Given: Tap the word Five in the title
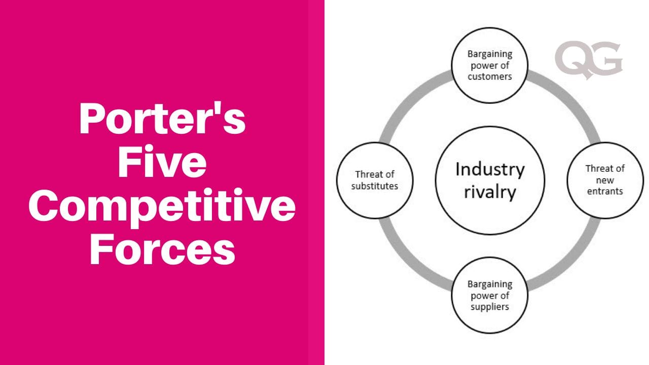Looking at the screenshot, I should pyautogui.click(x=162, y=163).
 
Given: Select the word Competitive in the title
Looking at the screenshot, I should pyautogui.click(x=162, y=208).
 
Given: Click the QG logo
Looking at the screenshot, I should pyautogui.click(x=588, y=61).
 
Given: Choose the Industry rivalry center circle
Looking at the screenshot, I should pyautogui.click(x=490, y=180).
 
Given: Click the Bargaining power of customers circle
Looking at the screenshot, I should pyautogui.click(x=490, y=65).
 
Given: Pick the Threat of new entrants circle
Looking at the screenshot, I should pyautogui.click(x=605, y=180).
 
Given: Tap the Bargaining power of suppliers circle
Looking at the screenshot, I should pyautogui.click(x=490, y=296).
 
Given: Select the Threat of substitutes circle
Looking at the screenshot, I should pyautogui.click(x=375, y=180).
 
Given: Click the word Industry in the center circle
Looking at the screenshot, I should pyautogui.click(x=490, y=169).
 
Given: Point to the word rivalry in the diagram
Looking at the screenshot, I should pyautogui.click(x=490, y=193).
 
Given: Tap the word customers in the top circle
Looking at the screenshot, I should pyautogui.click(x=490, y=77).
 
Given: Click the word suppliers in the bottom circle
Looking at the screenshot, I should pyautogui.click(x=490, y=307).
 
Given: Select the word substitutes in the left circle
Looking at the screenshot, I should pyautogui.click(x=375, y=186).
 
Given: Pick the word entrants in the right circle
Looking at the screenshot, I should pyautogui.click(x=605, y=192).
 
